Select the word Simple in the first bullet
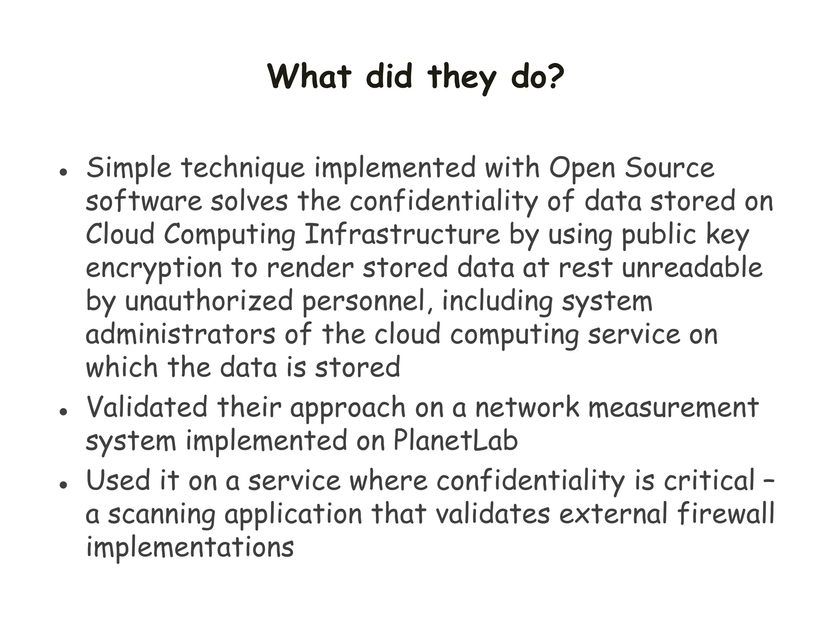(128, 168)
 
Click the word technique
(243, 168)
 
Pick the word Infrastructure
(402, 235)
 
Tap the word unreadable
(692, 268)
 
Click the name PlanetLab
(455, 440)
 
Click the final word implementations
(190, 547)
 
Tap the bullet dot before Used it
(63, 484)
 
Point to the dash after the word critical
(769, 481)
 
